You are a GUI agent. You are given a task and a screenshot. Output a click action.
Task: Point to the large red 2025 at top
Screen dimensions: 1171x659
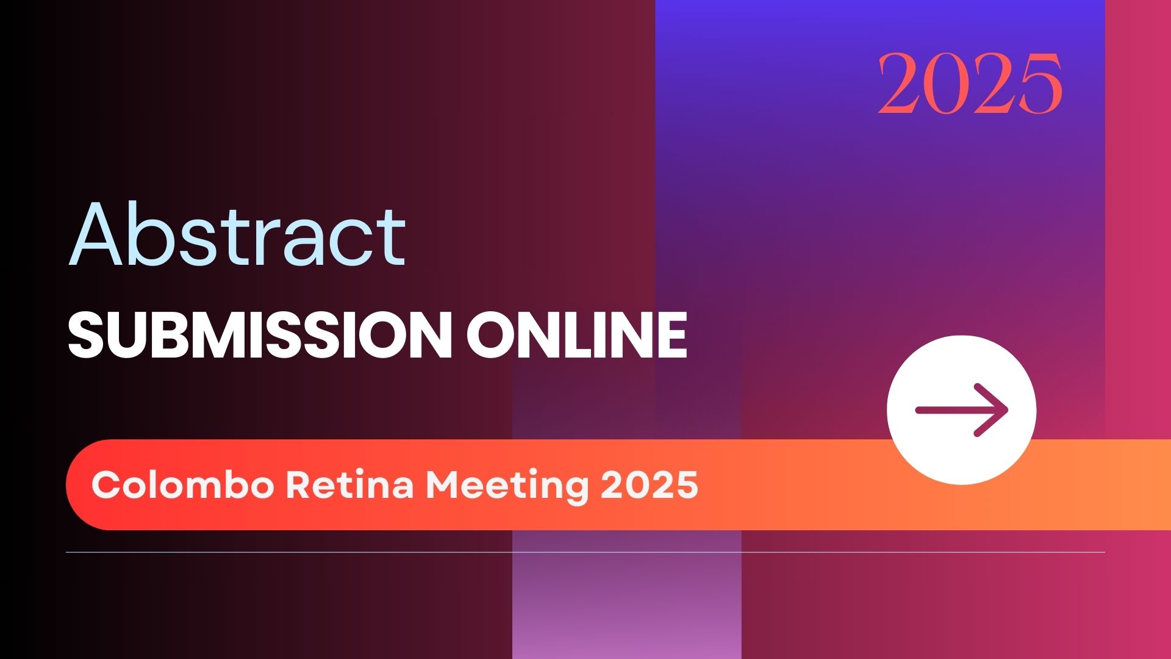tap(970, 84)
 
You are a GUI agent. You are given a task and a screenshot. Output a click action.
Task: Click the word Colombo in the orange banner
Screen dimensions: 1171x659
tap(183, 485)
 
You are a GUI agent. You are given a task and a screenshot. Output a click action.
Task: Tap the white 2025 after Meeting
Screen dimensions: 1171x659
tap(649, 486)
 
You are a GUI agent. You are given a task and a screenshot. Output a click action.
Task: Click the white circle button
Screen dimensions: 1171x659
tap(962, 410)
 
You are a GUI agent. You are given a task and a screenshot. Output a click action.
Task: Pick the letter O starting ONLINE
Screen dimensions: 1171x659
tap(491, 336)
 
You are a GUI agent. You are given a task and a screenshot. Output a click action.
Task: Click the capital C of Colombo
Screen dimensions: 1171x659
tap(105, 486)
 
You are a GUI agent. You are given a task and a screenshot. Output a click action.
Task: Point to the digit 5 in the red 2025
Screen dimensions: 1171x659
tap(1037, 84)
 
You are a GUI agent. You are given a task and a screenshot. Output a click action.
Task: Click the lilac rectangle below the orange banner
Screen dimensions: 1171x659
tap(627, 594)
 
